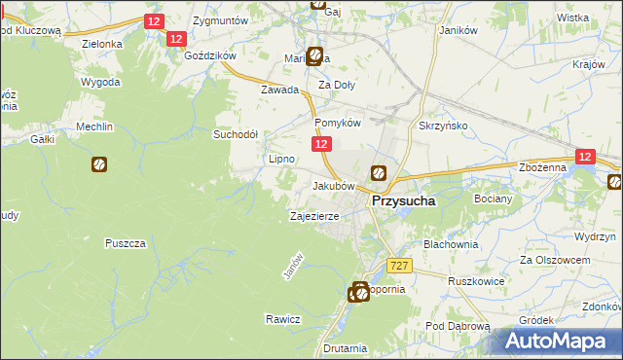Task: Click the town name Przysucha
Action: [x=401, y=201]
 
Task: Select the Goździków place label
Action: [x=210, y=55]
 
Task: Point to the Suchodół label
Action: [x=236, y=134]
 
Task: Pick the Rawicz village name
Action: [x=282, y=319]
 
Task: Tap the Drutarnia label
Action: [x=347, y=347]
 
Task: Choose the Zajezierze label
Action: [x=313, y=216]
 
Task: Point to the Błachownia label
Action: [x=450, y=244]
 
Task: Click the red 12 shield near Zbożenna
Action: [x=585, y=157]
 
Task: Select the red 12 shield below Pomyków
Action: [x=323, y=143]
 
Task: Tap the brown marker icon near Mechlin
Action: [x=99, y=165]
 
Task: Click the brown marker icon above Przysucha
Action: [x=378, y=174]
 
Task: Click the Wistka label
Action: [x=572, y=18]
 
